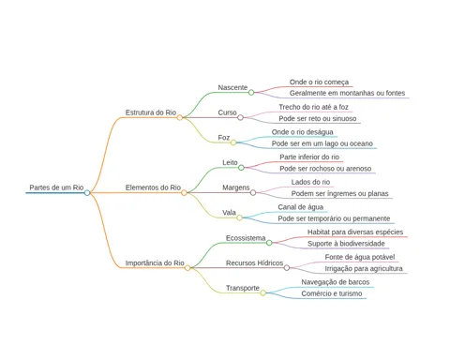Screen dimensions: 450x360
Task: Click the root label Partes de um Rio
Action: coord(56,187)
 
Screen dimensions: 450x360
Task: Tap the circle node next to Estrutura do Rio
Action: coord(180,117)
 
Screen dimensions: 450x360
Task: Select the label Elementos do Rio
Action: coord(153,187)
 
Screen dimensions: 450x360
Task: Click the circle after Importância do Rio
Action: coord(187,268)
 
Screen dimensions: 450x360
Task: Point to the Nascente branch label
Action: coord(232,87)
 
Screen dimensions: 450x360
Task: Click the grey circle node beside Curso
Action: coord(240,117)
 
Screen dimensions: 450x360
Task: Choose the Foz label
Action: coord(224,138)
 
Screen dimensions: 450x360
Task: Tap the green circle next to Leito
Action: coord(241,168)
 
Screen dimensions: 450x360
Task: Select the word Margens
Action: coord(236,187)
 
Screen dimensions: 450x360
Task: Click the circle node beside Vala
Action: coord(239,217)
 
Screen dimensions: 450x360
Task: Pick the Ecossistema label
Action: coord(246,238)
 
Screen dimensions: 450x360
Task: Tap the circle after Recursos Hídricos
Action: coord(287,268)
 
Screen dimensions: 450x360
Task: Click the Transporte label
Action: coord(243,288)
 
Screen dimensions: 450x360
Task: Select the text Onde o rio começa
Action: coord(319,82)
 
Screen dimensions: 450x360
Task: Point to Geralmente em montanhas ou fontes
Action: coord(347,93)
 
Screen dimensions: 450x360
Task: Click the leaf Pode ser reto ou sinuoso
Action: coord(318,119)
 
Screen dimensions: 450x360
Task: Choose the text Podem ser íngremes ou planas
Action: coord(339,194)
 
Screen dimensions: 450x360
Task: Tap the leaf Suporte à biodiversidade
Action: coord(346,244)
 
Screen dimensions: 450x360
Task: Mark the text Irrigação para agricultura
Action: coord(364,269)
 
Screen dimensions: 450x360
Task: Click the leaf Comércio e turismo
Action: coord(332,293)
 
